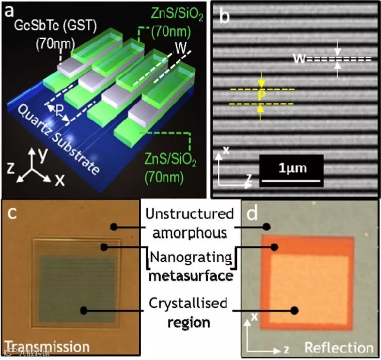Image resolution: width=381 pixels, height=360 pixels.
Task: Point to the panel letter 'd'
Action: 252,212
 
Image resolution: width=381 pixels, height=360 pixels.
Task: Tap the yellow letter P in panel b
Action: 261,96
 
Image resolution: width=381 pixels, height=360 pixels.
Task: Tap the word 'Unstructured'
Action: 190,214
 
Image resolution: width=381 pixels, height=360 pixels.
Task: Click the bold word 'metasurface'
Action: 190,275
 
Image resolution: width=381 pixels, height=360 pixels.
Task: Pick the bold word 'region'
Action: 190,322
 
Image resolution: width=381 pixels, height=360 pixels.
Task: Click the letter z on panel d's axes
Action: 286,347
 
